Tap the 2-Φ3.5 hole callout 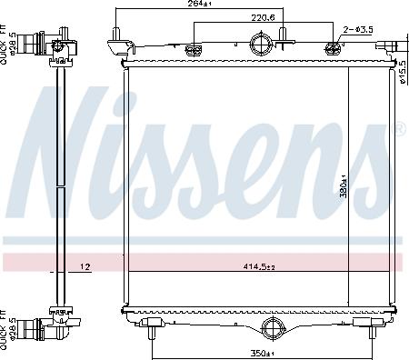pyautogui.click(x=357, y=30)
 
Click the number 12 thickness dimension pyautogui.click(x=84, y=266)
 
